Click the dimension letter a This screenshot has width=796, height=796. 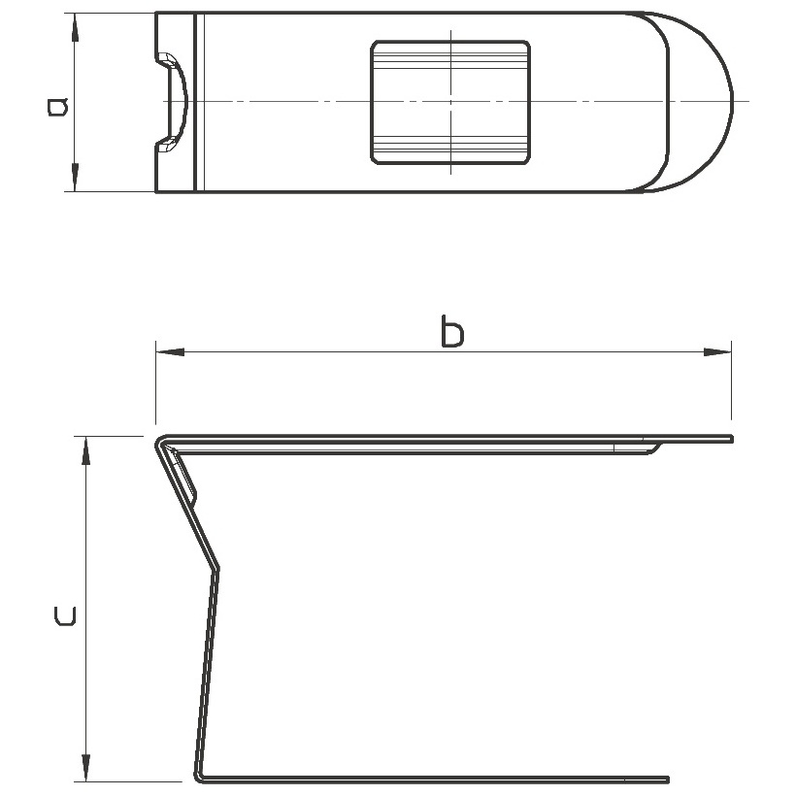[57, 106]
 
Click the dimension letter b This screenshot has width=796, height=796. [452, 331]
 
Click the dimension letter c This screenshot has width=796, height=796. [65, 615]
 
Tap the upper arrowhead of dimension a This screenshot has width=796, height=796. [75, 26]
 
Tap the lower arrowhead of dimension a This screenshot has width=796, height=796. [75, 178]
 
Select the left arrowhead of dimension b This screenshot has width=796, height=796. [170, 351]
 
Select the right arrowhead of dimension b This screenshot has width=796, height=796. [717, 351]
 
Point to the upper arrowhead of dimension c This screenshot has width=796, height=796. [86, 450]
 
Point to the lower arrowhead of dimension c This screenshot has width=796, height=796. [86, 768]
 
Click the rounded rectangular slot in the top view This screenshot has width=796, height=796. [450, 103]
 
